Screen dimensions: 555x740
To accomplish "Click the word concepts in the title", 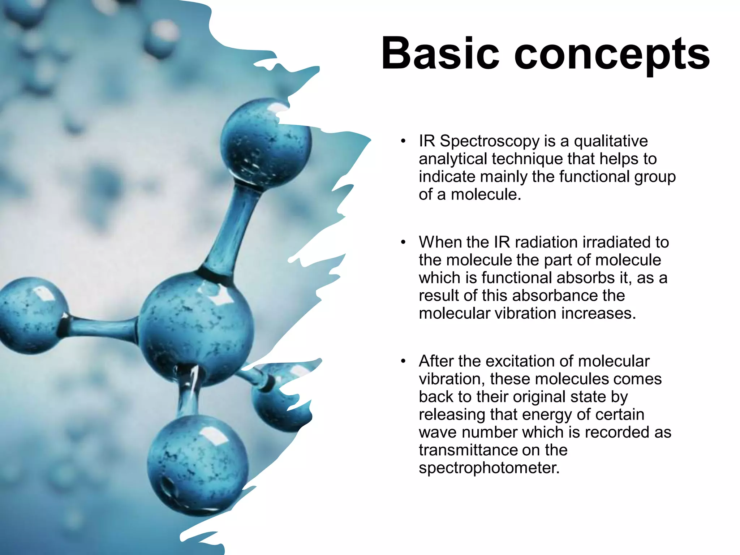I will (612, 55).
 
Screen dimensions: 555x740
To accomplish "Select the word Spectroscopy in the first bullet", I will (489, 141).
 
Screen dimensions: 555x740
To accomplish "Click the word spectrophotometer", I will (489, 468).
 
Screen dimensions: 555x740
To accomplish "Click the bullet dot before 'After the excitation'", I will (403, 361).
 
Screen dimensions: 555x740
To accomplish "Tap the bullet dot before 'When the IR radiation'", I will (403, 242).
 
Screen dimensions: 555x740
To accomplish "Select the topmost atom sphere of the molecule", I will (266, 143).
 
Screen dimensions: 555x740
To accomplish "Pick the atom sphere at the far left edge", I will (31, 314).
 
